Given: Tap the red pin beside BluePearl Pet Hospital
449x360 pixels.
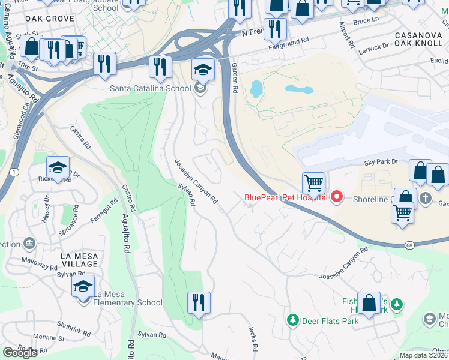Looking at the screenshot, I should [337, 196].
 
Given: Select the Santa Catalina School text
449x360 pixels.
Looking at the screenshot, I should [151, 88].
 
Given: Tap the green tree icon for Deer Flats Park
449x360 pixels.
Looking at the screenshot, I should [292, 320].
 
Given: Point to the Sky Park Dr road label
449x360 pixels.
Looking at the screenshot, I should [381, 162].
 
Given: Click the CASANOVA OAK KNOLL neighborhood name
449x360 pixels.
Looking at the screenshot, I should [418, 41].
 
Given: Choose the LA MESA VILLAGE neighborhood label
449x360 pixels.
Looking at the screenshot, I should [79, 260].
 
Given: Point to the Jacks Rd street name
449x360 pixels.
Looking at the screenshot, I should [253, 339].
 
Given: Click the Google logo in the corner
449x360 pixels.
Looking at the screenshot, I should [20, 353].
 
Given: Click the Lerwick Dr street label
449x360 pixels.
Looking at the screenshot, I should [374, 47].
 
